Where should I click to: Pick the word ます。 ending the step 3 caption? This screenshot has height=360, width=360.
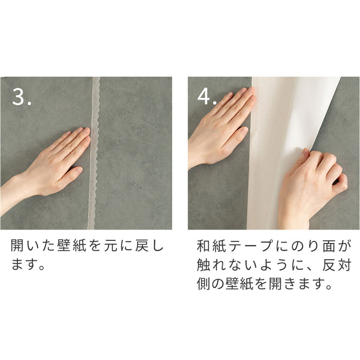tap(27, 266)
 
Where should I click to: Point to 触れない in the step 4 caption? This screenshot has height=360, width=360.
tap(222, 266)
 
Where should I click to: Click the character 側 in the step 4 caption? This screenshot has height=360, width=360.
tap(205, 285)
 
